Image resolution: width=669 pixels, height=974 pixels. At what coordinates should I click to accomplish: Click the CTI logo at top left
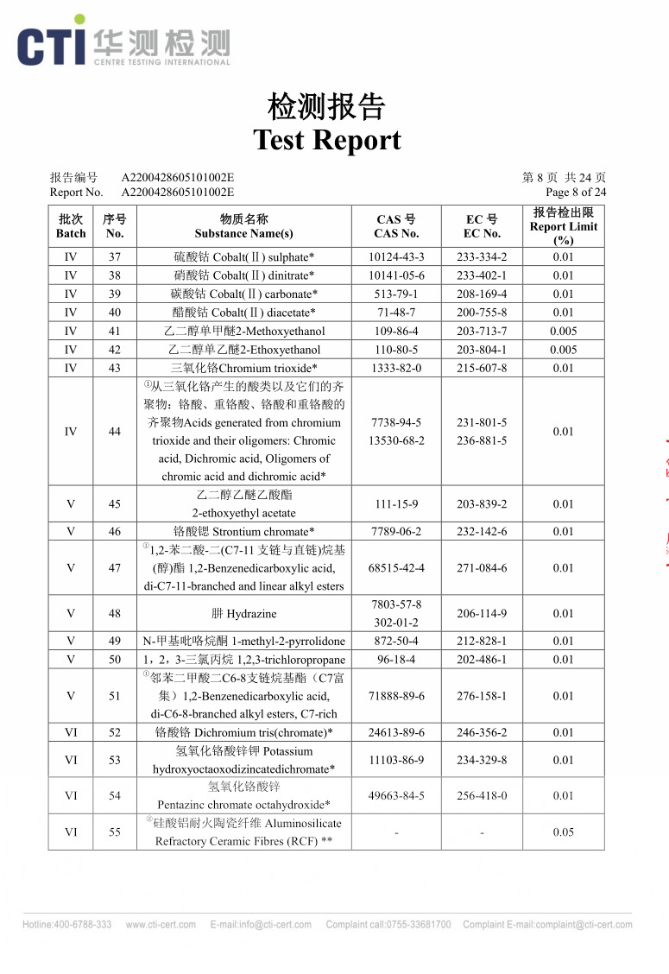(x=52, y=43)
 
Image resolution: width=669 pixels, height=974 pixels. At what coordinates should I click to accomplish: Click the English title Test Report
(x=327, y=140)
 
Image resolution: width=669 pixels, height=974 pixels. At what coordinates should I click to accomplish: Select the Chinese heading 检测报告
(x=327, y=108)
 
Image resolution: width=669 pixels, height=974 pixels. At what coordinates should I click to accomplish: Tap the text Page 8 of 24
(x=576, y=193)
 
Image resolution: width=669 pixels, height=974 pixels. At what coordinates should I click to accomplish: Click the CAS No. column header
(x=396, y=226)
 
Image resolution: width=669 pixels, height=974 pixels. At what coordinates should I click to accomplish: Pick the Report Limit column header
(x=563, y=226)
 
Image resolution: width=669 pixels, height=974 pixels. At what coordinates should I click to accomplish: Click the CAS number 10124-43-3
(x=396, y=257)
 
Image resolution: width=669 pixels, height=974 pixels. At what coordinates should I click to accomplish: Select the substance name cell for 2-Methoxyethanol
(x=244, y=332)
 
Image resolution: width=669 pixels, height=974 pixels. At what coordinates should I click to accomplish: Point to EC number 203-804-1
(x=482, y=350)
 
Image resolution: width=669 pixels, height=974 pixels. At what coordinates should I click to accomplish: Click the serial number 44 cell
(x=115, y=432)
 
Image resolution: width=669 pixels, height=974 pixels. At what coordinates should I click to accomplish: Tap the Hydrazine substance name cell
(x=244, y=614)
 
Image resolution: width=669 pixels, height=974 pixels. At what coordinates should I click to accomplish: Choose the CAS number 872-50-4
(x=396, y=642)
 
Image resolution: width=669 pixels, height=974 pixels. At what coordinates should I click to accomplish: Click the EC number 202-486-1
(x=482, y=660)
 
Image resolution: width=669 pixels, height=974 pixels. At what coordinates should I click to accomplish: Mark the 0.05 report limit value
(x=563, y=832)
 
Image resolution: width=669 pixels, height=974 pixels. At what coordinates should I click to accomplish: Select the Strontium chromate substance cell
(x=244, y=532)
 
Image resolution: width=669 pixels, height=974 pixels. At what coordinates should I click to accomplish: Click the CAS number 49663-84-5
(x=396, y=796)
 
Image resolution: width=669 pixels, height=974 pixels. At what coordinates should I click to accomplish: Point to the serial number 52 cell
(x=115, y=733)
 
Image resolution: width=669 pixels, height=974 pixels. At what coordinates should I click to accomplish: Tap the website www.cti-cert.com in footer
(x=161, y=925)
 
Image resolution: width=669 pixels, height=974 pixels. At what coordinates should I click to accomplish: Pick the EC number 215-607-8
(x=482, y=369)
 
